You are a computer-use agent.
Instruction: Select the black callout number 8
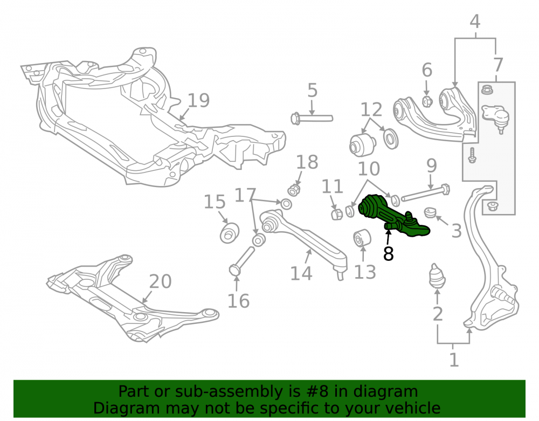pyautogui.click(x=388, y=254)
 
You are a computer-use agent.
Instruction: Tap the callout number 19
pyautogui.click(x=199, y=101)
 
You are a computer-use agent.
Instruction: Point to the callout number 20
pyautogui.click(x=160, y=281)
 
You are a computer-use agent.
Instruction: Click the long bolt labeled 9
pyautogui.click(x=426, y=194)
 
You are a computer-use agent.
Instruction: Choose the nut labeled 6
pyautogui.click(x=427, y=101)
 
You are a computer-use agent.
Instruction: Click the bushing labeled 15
pyautogui.click(x=229, y=233)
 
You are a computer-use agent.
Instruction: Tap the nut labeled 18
pyautogui.click(x=294, y=190)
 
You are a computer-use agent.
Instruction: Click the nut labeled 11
pyautogui.click(x=336, y=214)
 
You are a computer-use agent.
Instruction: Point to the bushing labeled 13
pyautogui.click(x=362, y=238)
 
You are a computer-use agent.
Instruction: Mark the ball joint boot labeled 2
pyautogui.click(x=437, y=275)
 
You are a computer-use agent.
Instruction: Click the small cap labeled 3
pyautogui.click(x=430, y=212)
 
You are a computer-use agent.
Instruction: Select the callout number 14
pyautogui.click(x=301, y=273)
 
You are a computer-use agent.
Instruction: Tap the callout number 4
pyautogui.click(x=475, y=22)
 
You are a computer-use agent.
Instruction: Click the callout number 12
pyautogui.click(x=371, y=109)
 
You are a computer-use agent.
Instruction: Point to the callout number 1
pyautogui.click(x=454, y=360)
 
